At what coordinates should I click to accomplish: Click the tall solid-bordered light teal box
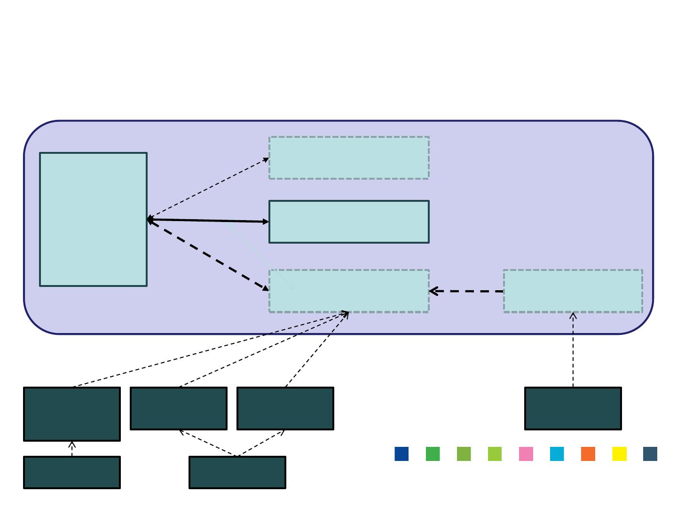click(x=93, y=219)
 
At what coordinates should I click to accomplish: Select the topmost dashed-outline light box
click(x=349, y=158)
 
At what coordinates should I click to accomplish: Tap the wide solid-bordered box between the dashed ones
click(x=349, y=222)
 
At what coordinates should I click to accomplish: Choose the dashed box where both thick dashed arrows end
click(x=349, y=291)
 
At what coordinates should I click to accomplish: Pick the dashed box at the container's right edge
click(x=573, y=291)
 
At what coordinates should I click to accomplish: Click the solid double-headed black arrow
click(x=208, y=221)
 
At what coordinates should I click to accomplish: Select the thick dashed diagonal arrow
click(x=208, y=254)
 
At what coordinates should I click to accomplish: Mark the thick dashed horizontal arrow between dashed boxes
click(x=466, y=291)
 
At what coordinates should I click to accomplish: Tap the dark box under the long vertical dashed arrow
click(x=573, y=408)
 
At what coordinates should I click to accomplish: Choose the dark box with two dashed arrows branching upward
click(x=237, y=472)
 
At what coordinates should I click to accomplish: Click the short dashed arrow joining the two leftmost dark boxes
click(x=72, y=449)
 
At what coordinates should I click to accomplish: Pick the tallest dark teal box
click(x=72, y=414)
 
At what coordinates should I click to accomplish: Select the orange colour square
click(x=588, y=454)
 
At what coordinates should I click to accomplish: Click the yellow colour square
click(x=619, y=454)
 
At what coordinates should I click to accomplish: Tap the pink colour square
click(x=526, y=454)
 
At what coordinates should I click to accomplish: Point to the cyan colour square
click(x=557, y=454)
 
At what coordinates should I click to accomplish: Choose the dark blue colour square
click(x=401, y=454)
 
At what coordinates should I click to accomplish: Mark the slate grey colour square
click(x=650, y=454)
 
